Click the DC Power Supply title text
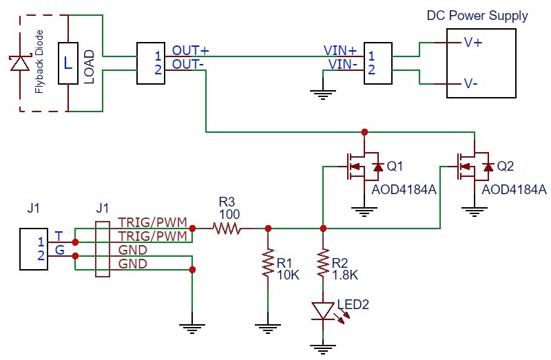click(477, 15)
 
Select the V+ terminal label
click(473, 43)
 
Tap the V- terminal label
click(472, 84)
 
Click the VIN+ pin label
click(340, 51)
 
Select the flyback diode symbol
click(19, 63)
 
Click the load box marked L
click(67, 63)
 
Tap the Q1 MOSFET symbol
click(363, 167)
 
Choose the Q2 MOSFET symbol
click(473, 166)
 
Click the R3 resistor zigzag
click(227, 228)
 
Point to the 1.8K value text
click(344, 275)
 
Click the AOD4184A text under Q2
click(514, 189)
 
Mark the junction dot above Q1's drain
click(365, 131)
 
